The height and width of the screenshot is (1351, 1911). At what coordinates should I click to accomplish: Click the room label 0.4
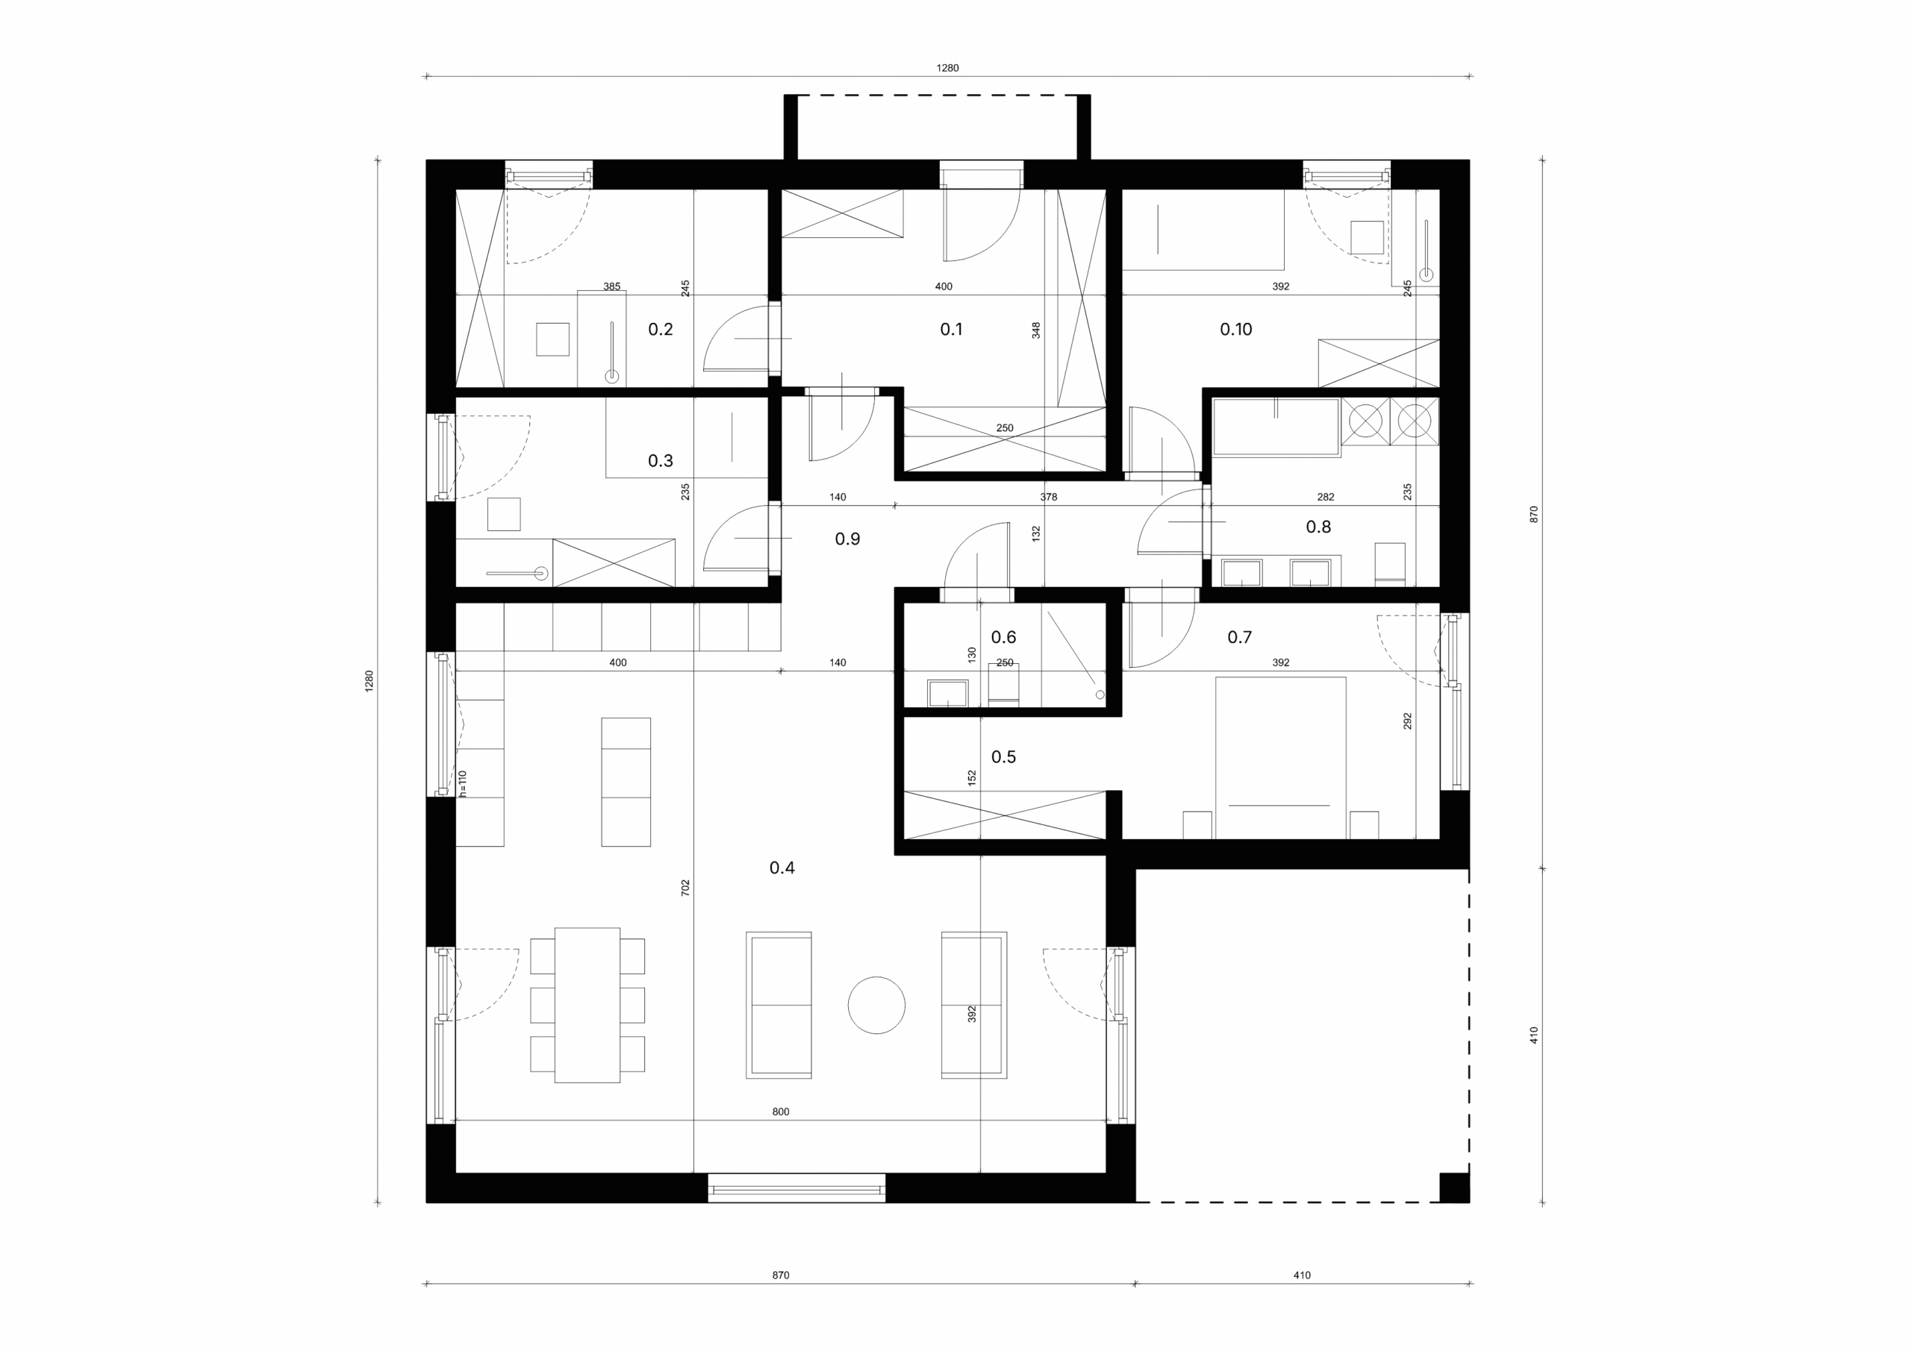pyautogui.click(x=782, y=868)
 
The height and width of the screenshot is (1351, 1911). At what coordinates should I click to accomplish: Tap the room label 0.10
pyautogui.click(x=1236, y=330)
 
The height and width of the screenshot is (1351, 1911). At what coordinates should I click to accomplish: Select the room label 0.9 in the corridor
pyautogui.click(x=847, y=539)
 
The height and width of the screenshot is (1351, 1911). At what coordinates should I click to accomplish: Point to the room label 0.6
pyautogui.click(x=1003, y=637)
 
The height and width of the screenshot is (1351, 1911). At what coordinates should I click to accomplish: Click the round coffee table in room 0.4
pyautogui.click(x=876, y=1005)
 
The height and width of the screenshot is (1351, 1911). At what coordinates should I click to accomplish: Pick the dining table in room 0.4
pyautogui.click(x=587, y=1005)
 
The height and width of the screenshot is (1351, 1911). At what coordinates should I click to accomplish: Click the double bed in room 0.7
pyautogui.click(x=1280, y=758)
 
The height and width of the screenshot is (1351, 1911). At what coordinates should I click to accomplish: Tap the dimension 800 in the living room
pyautogui.click(x=780, y=1112)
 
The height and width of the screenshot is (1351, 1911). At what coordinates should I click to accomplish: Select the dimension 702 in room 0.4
pyautogui.click(x=685, y=888)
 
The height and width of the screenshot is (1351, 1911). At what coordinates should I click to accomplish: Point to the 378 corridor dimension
pyautogui.click(x=1048, y=497)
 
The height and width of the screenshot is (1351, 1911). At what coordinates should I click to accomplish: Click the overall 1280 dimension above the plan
pyautogui.click(x=947, y=68)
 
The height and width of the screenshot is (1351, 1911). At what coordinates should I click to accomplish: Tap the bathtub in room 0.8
pyautogui.click(x=1276, y=427)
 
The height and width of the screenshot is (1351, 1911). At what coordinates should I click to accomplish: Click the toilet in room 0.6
pyautogui.click(x=1003, y=685)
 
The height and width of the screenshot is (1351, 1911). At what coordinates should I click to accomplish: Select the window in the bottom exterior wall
pyautogui.click(x=796, y=1188)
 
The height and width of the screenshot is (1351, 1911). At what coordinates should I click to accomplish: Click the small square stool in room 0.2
pyautogui.click(x=552, y=339)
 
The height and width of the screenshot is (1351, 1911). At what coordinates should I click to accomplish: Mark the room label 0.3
pyautogui.click(x=660, y=461)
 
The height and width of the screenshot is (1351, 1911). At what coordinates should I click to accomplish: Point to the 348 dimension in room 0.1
pyautogui.click(x=1035, y=330)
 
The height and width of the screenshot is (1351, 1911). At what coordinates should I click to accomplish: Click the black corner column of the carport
pyautogui.click(x=1454, y=1188)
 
